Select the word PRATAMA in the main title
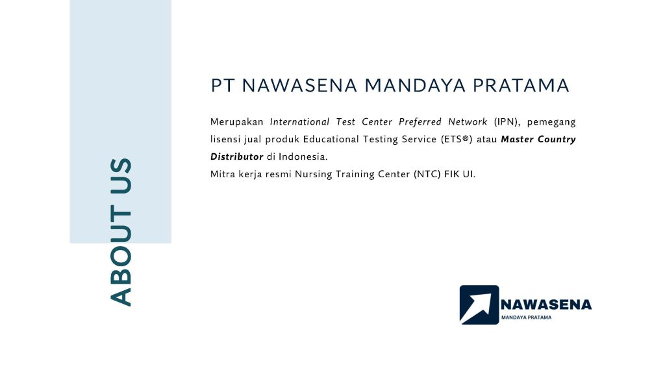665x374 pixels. click(521, 86)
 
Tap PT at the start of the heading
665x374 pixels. click(222, 86)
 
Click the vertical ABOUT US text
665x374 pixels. click(121, 232)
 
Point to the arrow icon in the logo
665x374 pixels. click(479, 305)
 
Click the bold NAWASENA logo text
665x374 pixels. click(546, 305)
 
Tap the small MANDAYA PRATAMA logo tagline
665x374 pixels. click(526, 318)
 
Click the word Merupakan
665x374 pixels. click(236, 122)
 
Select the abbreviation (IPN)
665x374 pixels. click(507, 122)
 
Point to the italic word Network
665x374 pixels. click(468, 122)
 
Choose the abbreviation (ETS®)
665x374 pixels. click(457, 140)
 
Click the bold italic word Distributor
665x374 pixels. click(236, 157)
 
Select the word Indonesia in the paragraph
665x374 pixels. click(303, 157)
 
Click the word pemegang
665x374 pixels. click(551, 122)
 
